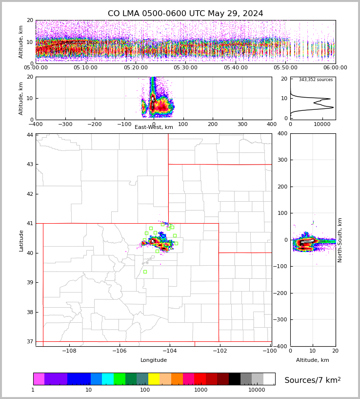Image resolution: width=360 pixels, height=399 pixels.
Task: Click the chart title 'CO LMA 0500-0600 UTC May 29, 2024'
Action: [185, 14]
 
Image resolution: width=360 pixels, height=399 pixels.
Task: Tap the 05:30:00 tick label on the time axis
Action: [185, 68]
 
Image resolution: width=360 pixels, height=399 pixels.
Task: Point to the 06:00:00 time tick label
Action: [335, 68]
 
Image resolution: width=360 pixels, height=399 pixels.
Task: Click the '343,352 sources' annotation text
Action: [316, 80]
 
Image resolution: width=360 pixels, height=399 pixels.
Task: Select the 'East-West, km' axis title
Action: [154, 127]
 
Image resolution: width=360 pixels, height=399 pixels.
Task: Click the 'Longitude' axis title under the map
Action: [154, 360]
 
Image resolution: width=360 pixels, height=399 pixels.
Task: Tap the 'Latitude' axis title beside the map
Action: [21, 240]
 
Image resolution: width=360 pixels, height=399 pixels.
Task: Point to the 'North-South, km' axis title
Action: [340, 240]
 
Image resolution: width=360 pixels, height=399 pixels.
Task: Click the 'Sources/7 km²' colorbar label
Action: [313, 380]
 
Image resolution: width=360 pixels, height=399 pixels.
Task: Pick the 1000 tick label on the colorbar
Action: [201, 390]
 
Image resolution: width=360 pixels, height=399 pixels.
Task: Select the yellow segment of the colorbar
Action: [154, 379]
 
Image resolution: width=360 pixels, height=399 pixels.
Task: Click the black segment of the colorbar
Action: [235, 379]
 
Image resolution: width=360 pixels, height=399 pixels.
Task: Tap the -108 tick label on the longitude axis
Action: [69, 351]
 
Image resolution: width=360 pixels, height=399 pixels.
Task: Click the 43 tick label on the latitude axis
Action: [30, 165]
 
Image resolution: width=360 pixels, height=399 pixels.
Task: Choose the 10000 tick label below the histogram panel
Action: [322, 125]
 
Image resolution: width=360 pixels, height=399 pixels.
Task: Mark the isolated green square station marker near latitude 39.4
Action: [145, 272]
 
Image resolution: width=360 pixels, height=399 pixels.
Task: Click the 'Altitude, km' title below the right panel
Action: [313, 360]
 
